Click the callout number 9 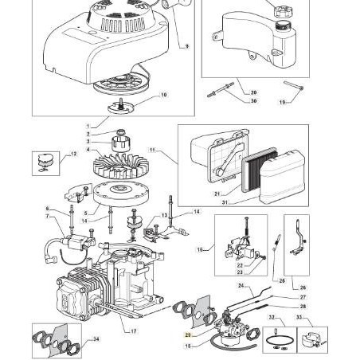pyautogui.click(x=187, y=46)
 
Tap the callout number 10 pyautogui.click(x=164, y=95)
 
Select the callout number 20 pyautogui.click(x=253, y=92)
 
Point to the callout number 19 pyautogui.click(x=282, y=102)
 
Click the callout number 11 pyautogui.click(x=152, y=151)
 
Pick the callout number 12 pyautogui.click(x=73, y=154)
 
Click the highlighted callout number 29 pyautogui.click(x=188, y=335)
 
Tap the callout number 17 pyautogui.click(x=133, y=331)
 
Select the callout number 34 pyautogui.click(x=96, y=339)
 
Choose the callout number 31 pyautogui.click(x=225, y=202)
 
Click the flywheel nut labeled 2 pyautogui.click(x=121, y=131)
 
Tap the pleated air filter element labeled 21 pyautogui.click(x=259, y=170)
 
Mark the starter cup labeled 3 pyautogui.click(x=121, y=143)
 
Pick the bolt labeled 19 pyautogui.click(x=294, y=86)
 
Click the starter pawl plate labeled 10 pyautogui.click(x=120, y=107)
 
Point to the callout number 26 pyautogui.click(x=303, y=288)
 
